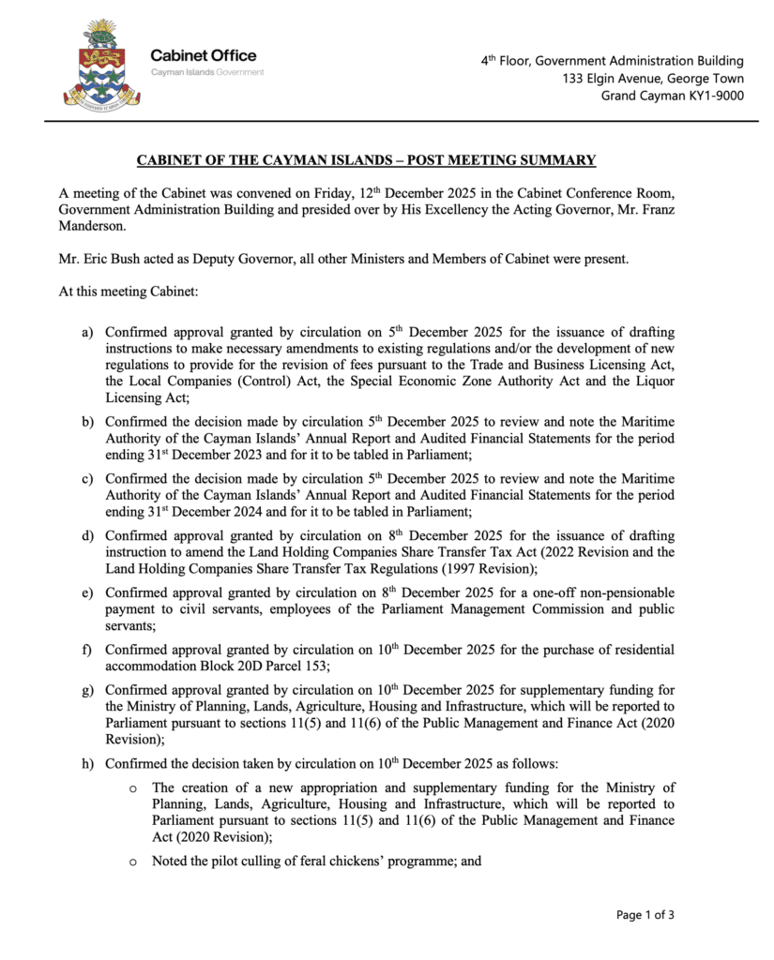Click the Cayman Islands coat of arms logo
(x=100, y=63)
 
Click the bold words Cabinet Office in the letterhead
(x=203, y=55)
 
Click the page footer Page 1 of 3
(x=645, y=914)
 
